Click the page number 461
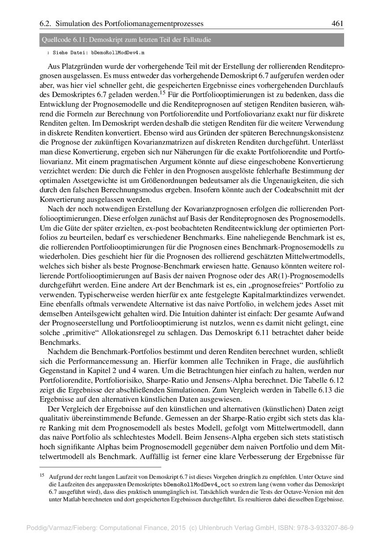(337, 23)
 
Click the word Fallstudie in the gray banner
(196, 40)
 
